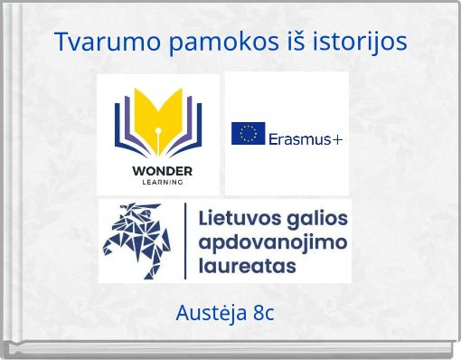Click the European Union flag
(247, 134)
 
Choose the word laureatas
(246, 266)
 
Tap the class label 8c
(264, 314)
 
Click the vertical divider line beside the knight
(185, 240)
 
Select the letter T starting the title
(61, 42)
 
